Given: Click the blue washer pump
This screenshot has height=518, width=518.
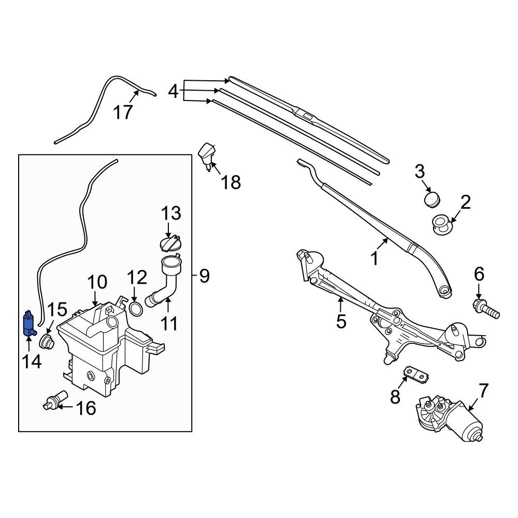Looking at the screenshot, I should [x=28, y=323].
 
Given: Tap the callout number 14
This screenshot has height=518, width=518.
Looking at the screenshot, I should [x=32, y=361].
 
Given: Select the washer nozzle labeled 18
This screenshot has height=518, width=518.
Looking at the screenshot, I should [x=207, y=155].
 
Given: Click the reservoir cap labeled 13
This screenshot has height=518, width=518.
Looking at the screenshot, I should [x=168, y=243].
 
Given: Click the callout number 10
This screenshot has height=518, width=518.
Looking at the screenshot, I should [x=97, y=282].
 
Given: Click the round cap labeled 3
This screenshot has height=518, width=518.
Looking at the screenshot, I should [x=431, y=198].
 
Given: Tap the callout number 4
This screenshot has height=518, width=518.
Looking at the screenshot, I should [x=174, y=92].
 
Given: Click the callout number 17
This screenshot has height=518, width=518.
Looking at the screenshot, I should [x=124, y=111].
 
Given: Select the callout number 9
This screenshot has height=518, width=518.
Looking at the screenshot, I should [x=204, y=276].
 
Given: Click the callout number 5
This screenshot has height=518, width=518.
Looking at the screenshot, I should [x=340, y=321].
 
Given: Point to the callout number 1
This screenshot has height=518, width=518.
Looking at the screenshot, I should [x=375, y=257].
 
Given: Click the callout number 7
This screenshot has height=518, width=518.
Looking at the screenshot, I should [x=483, y=390].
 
